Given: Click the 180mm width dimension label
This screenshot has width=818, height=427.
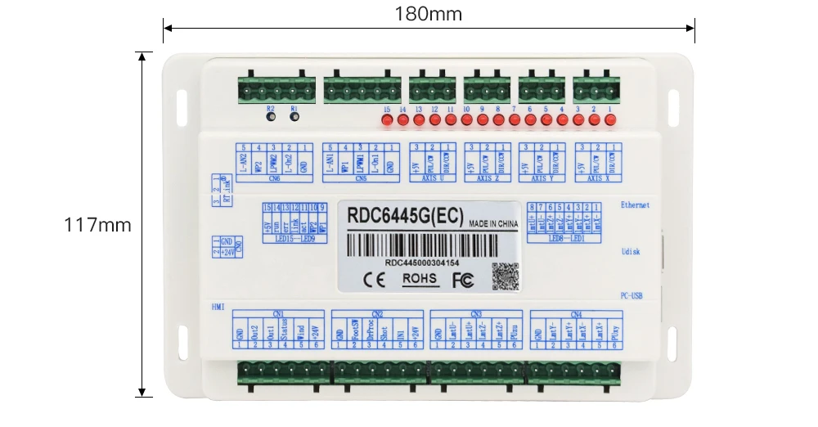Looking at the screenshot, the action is tap(428, 14).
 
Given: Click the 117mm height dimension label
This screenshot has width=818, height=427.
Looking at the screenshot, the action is tap(97, 225).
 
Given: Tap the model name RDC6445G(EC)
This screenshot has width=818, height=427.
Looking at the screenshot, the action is tap(406, 217).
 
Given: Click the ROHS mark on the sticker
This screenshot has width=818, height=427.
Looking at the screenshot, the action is tap(420, 279).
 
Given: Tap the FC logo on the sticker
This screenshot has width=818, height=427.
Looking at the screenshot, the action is tap(462, 280).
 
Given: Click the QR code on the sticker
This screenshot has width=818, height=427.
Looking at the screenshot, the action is tap(504, 276).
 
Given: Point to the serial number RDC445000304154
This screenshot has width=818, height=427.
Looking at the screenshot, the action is tap(422, 263).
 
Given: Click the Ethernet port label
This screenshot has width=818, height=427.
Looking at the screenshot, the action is tap(636, 205).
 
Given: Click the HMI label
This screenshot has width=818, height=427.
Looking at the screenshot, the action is tap(218, 307).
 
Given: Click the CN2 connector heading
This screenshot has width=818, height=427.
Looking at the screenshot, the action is tap(377, 313).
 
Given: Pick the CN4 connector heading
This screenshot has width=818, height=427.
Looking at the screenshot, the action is tap(576, 313).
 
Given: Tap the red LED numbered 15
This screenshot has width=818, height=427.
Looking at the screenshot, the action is tap(387, 121).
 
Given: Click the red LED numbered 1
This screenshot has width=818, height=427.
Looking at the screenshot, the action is tap(609, 121).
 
